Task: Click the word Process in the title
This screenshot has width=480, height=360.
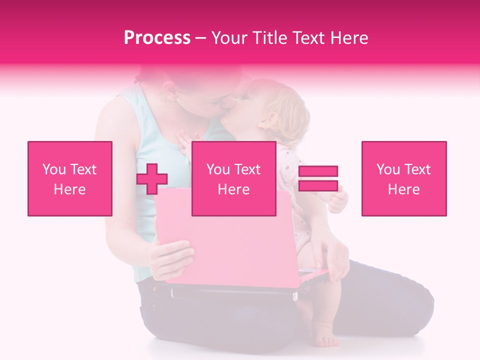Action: (157, 38)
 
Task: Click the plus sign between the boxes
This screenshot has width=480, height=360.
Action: (152, 179)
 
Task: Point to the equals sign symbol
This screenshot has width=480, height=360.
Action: (318, 178)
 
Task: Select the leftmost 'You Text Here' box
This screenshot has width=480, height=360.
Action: (70, 178)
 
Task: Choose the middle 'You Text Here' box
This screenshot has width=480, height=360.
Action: (234, 178)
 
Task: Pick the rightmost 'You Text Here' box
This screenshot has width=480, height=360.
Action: (404, 178)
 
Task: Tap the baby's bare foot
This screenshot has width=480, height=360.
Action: (324, 337)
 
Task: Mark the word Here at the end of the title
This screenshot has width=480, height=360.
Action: (349, 38)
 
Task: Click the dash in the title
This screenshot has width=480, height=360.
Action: (201, 38)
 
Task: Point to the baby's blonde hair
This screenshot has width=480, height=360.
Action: (290, 107)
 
